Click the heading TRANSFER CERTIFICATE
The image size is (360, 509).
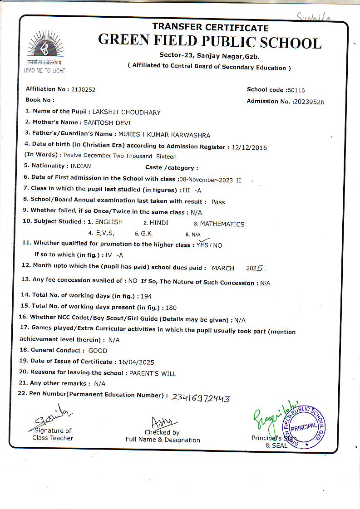point(210,27)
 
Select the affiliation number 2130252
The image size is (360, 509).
point(83,89)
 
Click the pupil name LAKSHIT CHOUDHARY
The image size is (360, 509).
point(127,112)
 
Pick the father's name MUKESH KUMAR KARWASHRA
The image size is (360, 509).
point(164,134)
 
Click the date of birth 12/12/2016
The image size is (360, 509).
point(249,147)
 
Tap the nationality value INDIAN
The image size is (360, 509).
point(80,166)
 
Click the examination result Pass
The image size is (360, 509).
point(218,202)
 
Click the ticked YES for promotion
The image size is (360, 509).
point(202,245)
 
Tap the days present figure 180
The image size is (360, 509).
point(171,308)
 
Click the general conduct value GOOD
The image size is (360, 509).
point(98,351)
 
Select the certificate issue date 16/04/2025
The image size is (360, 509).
point(136,362)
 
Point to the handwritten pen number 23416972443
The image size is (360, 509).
point(201,398)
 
